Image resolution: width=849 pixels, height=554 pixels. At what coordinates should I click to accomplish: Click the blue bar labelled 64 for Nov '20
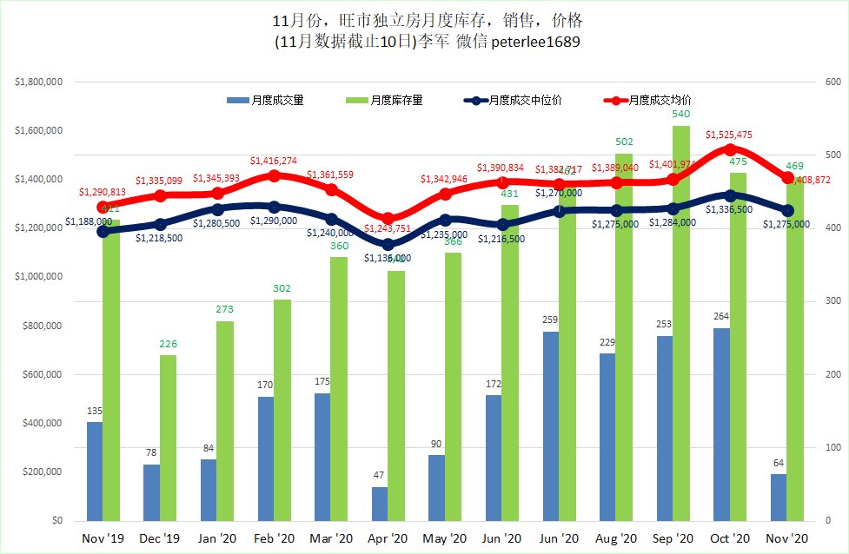pos(778,497)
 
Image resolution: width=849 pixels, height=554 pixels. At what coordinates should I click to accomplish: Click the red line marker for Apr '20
pos(388,219)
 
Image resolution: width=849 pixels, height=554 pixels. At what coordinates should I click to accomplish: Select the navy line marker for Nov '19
pos(103,231)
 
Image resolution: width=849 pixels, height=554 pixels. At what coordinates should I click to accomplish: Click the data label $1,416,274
pos(274,161)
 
